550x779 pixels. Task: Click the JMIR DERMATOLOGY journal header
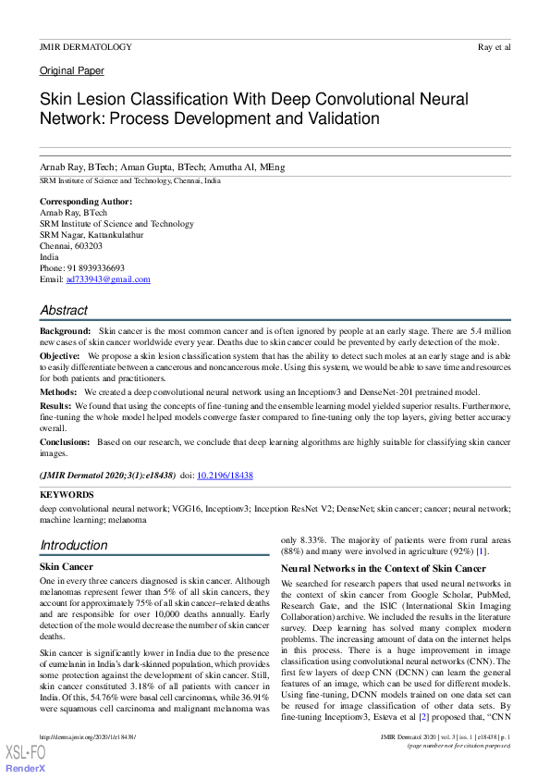coord(86,46)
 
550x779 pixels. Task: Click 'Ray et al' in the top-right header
coord(495,46)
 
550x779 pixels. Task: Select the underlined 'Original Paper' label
coord(72,70)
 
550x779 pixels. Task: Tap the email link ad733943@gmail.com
coord(108,279)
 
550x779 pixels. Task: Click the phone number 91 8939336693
coord(96,268)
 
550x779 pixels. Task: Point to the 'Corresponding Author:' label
coord(86,201)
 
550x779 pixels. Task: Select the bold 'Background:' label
coord(65,330)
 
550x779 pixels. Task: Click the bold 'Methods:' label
coord(58,392)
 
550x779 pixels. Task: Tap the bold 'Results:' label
coord(55,405)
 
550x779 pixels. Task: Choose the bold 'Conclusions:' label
coord(65,442)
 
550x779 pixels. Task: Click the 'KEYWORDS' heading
coord(67,495)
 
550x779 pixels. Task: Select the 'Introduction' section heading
coord(74,545)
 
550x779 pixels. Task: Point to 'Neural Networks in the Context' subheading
coord(383,568)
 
